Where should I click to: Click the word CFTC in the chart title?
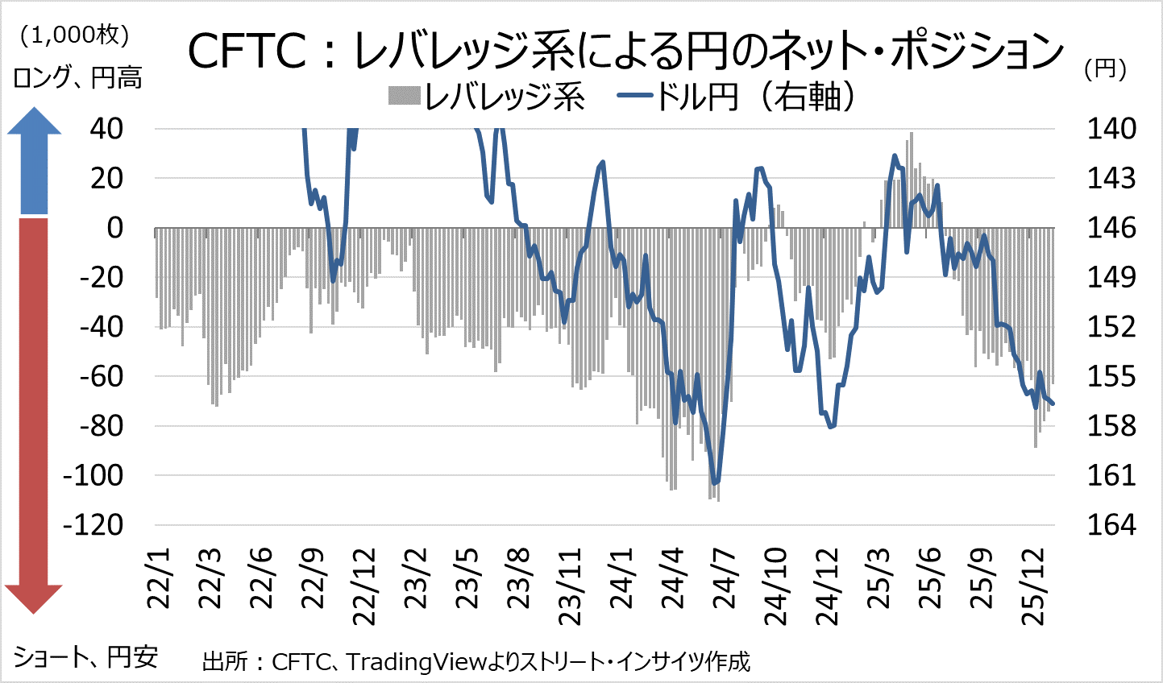246,52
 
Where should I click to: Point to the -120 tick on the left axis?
93,525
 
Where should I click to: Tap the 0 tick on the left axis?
115,228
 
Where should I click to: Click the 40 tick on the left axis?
106,129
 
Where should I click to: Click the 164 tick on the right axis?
1111,525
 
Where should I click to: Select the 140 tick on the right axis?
1111,129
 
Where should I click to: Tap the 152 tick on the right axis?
1111,327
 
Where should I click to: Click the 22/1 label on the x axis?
161,579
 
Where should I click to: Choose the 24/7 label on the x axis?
724,579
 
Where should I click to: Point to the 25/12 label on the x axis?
1033,586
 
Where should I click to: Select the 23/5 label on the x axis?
467,579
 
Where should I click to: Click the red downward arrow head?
33,598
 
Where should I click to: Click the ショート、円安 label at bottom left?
85,656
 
